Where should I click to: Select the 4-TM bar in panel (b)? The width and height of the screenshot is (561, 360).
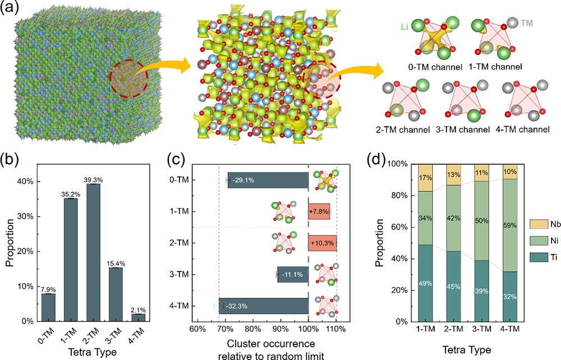pos(138,317)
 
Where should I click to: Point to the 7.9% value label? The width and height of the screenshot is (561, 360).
pos(48,289)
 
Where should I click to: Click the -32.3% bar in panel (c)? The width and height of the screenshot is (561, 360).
pos(264,306)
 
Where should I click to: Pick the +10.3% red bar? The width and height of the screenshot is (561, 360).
pos(322,243)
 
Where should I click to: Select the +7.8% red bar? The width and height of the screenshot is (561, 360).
pos(319,211)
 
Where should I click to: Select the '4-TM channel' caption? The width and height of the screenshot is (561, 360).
pos(525,130)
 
